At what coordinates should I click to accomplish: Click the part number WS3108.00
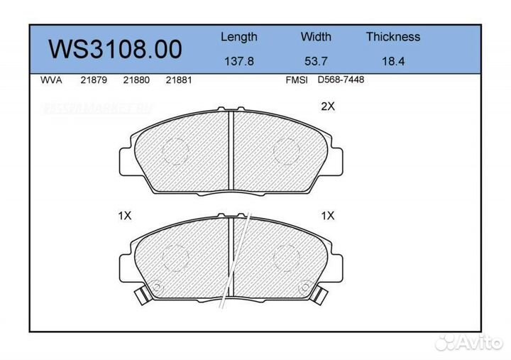coord(115,49)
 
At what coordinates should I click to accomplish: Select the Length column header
coord(238,37)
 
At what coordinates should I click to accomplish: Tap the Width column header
coord(316,37)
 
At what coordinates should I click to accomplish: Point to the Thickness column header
coord(392,37)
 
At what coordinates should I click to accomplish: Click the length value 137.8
coord(238,61)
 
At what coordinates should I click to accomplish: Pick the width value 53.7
coord(316,61)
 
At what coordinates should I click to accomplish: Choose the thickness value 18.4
coord(392,61)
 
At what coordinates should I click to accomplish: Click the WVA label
coord(52,80)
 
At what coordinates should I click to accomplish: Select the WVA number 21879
coord(94,80)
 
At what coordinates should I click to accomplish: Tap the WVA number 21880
coord(136,80)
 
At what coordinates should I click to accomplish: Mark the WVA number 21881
coord(178,80)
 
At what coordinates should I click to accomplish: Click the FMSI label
coord(296,80)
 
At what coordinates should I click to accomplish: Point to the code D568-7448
coord(341,80)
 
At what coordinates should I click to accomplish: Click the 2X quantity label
coord(327,107)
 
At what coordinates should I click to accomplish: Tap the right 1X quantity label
coord(327,215)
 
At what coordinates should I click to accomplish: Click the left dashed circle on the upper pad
coord(175,148)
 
